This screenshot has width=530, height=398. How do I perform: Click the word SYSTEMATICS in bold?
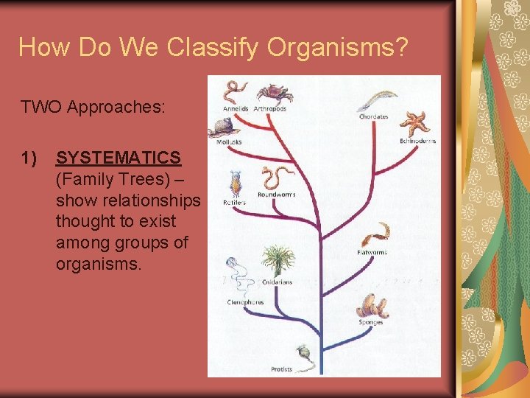point(119,158)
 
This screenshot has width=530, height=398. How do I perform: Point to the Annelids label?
point(236,109)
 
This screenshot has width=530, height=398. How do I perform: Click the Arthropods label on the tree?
point(269,109)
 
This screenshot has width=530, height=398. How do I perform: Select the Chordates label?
point(374,116)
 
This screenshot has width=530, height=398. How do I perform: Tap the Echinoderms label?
point(417,141)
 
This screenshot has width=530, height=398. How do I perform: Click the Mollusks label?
point(229,142)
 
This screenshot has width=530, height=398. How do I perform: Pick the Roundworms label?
point(277,195)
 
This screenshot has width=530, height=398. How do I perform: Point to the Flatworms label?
point(372,252)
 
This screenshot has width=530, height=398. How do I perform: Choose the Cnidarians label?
point(277,282)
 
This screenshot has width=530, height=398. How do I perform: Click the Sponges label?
point(371,322)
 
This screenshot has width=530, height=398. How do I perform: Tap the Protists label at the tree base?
point(281,369)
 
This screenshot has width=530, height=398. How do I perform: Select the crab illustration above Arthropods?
point(274,93)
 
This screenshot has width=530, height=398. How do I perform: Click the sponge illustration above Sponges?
point(372,305)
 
